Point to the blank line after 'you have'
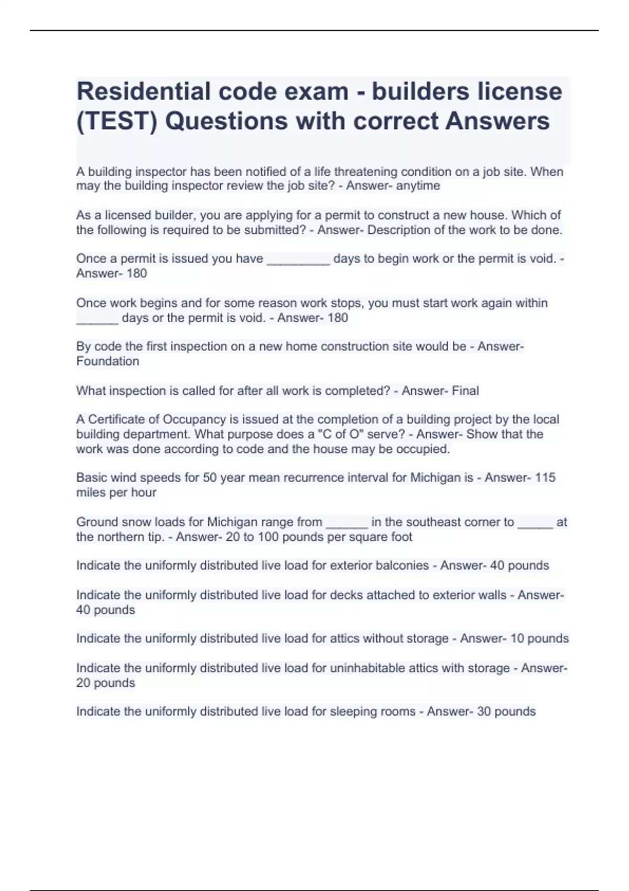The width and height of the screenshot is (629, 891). pyautogui.click(x=298, y=259)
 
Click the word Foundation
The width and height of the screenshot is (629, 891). pyautogui.click(x=107, y=362)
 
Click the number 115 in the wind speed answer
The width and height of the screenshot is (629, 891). pyautogui.click(x=545, y=478)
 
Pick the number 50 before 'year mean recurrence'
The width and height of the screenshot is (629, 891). pyautogui.click(x=210, y=478)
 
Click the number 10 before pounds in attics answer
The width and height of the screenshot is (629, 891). pyautogui.click(x=517, y=639)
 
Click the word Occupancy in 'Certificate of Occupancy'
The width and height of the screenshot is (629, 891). pyautogui.click(x=194, y=420)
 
